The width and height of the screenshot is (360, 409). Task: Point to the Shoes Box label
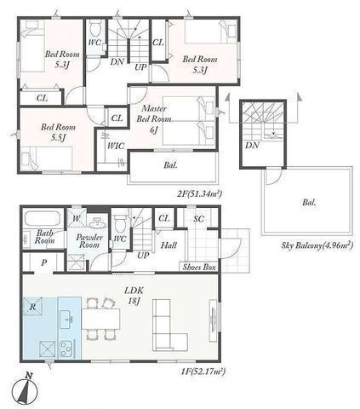(197, 267)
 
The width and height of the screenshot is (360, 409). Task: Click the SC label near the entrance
(198, 219)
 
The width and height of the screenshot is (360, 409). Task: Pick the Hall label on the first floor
(169, 245)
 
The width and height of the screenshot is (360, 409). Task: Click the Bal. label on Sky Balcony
(308, 204)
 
